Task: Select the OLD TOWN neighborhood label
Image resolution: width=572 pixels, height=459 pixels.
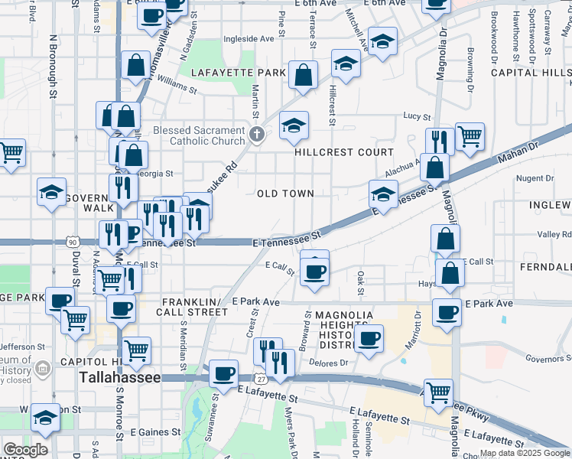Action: coord(285,194)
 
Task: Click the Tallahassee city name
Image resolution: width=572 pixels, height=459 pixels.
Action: coord(120,379)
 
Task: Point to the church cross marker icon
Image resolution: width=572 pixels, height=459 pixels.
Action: coord(257,135)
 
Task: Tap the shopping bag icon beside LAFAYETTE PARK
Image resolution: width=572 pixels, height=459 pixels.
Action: coord(304,75)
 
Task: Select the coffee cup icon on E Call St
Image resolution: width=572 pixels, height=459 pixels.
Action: coord(314,270)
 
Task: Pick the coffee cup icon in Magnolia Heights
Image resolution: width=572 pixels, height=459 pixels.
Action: coord(369,337)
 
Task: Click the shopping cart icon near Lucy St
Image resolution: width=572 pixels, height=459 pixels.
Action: coord(470,136)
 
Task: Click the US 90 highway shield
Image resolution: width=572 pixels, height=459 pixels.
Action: coord(73,242)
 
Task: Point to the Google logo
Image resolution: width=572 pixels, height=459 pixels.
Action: coord(25,450)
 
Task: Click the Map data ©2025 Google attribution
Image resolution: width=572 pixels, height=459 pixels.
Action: coord(525,454)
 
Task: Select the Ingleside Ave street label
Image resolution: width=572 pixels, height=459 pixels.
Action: coord(249,39)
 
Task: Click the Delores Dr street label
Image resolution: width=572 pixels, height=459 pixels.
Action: coord(332,363)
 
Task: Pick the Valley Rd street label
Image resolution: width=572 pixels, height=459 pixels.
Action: coord(554,235)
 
